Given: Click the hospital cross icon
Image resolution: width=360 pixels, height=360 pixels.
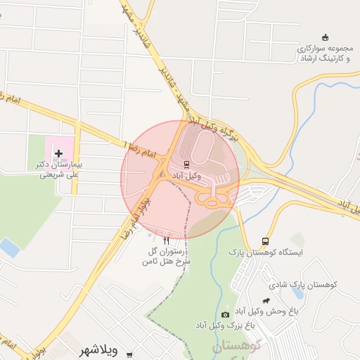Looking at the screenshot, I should point(58,153).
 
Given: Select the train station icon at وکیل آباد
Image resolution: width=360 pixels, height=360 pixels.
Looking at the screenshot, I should point(186,165).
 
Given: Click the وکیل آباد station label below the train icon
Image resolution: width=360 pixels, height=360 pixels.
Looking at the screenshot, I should point(186,175).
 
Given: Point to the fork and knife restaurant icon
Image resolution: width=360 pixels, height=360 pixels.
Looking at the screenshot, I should point(166,240).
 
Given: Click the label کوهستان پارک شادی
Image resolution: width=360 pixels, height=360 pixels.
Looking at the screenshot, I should point(303,285).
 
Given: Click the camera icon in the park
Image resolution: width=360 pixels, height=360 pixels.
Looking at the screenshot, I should point(225,314).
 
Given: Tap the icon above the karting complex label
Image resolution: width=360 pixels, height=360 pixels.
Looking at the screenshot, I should point(324,37).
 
